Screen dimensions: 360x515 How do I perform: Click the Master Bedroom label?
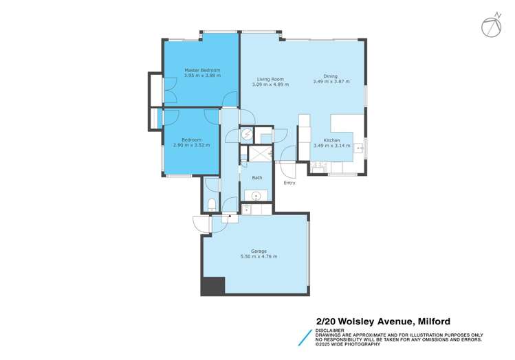coord(202,70)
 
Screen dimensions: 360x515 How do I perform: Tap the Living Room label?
coord(270,79)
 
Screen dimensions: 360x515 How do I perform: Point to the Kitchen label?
coord(332,140)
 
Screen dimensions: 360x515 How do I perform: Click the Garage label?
coord(259,251)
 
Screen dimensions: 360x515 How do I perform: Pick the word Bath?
coord(257,178)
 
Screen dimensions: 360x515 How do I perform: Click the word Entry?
coord(289,183)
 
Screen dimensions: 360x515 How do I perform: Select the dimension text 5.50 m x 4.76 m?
coord(259,257)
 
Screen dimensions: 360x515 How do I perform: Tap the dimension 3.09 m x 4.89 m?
coord(270,85)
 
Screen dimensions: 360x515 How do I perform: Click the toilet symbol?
coord(212,203)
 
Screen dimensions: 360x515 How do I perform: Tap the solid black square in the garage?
coord(213,285)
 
